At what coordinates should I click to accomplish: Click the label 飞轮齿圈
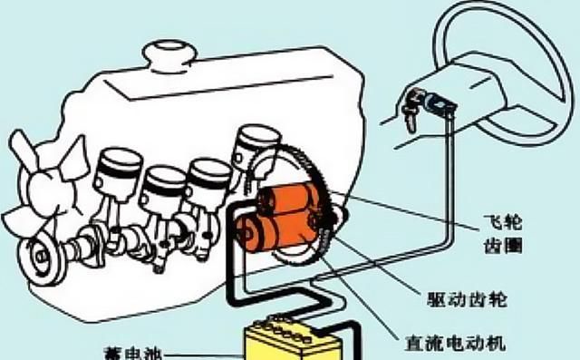click(503, 234)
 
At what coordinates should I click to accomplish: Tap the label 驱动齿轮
click(467, 299)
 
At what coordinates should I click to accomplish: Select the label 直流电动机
click(455, 343)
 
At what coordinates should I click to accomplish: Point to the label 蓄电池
click(133, 354)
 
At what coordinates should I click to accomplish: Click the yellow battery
click(293, 342)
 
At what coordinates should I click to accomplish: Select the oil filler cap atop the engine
click(169, 56)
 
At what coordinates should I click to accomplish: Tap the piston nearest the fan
click(118, 170)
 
